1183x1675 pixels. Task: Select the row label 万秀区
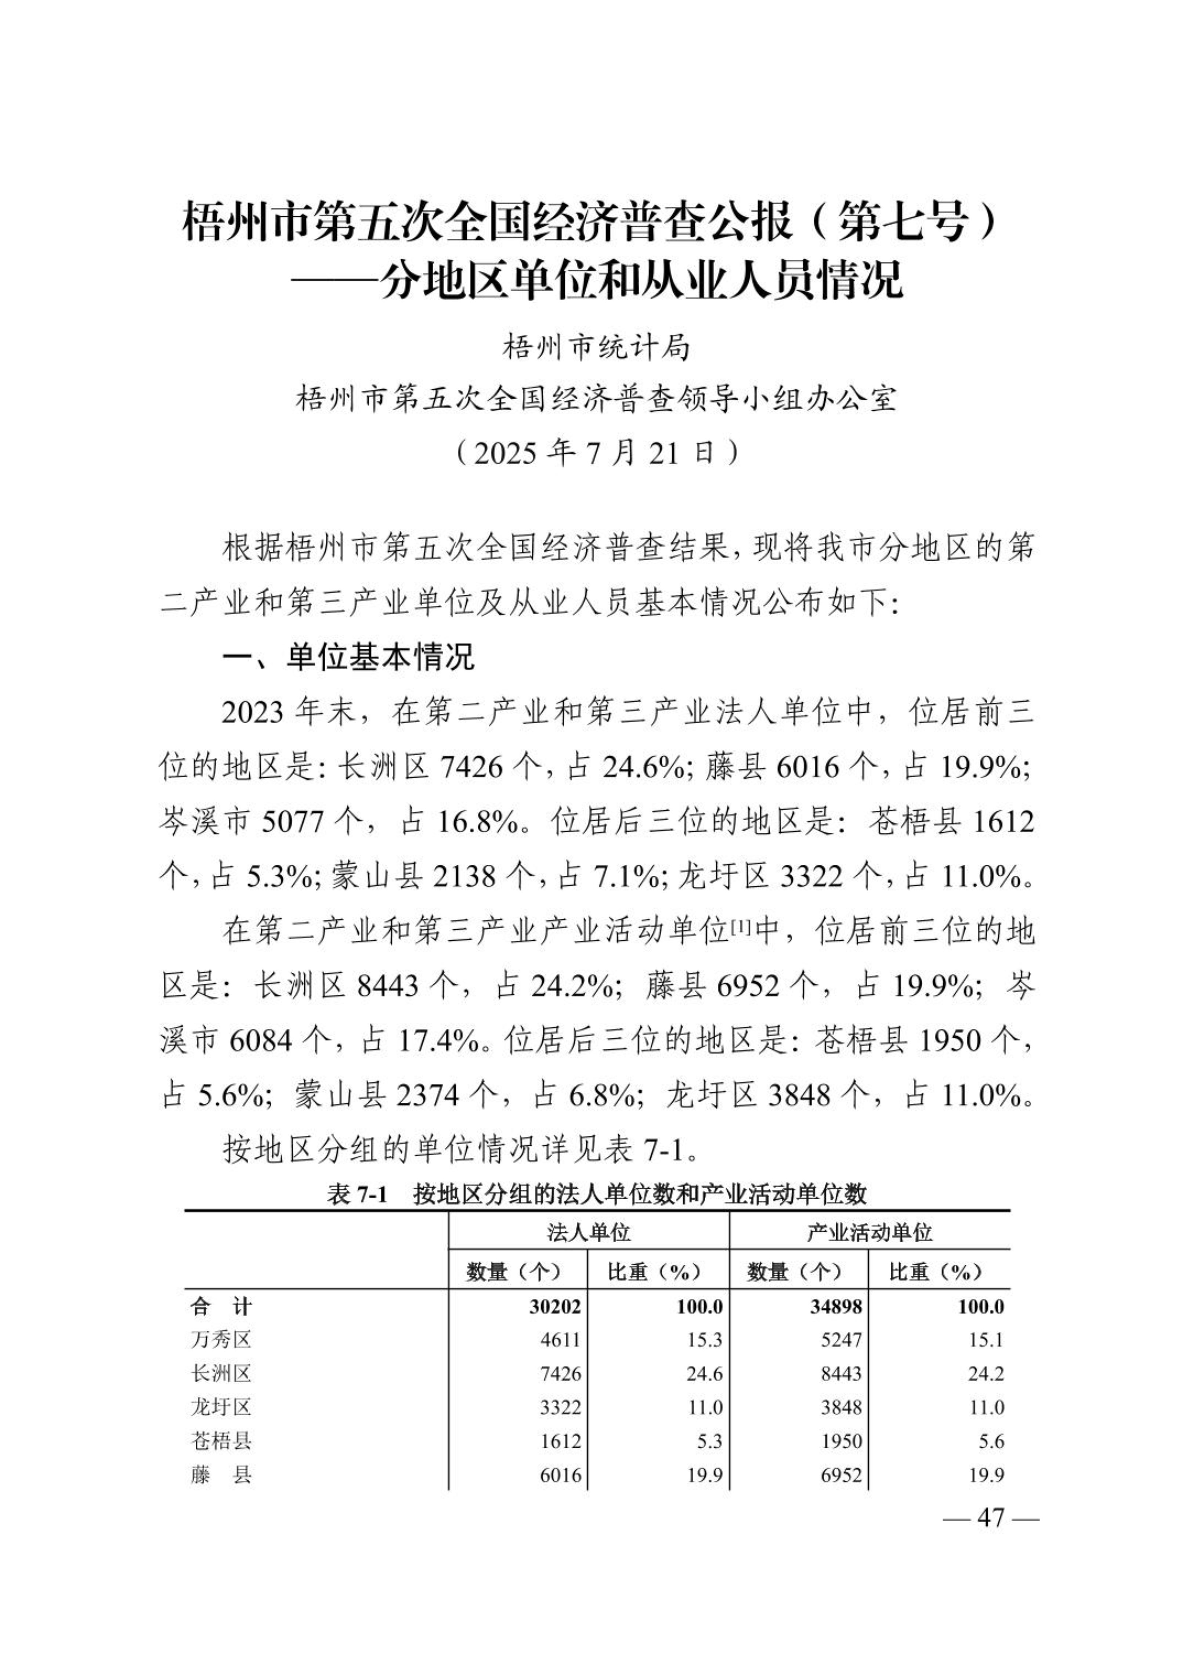click(221, 1339)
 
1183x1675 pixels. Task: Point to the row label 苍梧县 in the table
click(221, 1441)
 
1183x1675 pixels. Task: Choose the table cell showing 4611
click(560, 1339)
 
